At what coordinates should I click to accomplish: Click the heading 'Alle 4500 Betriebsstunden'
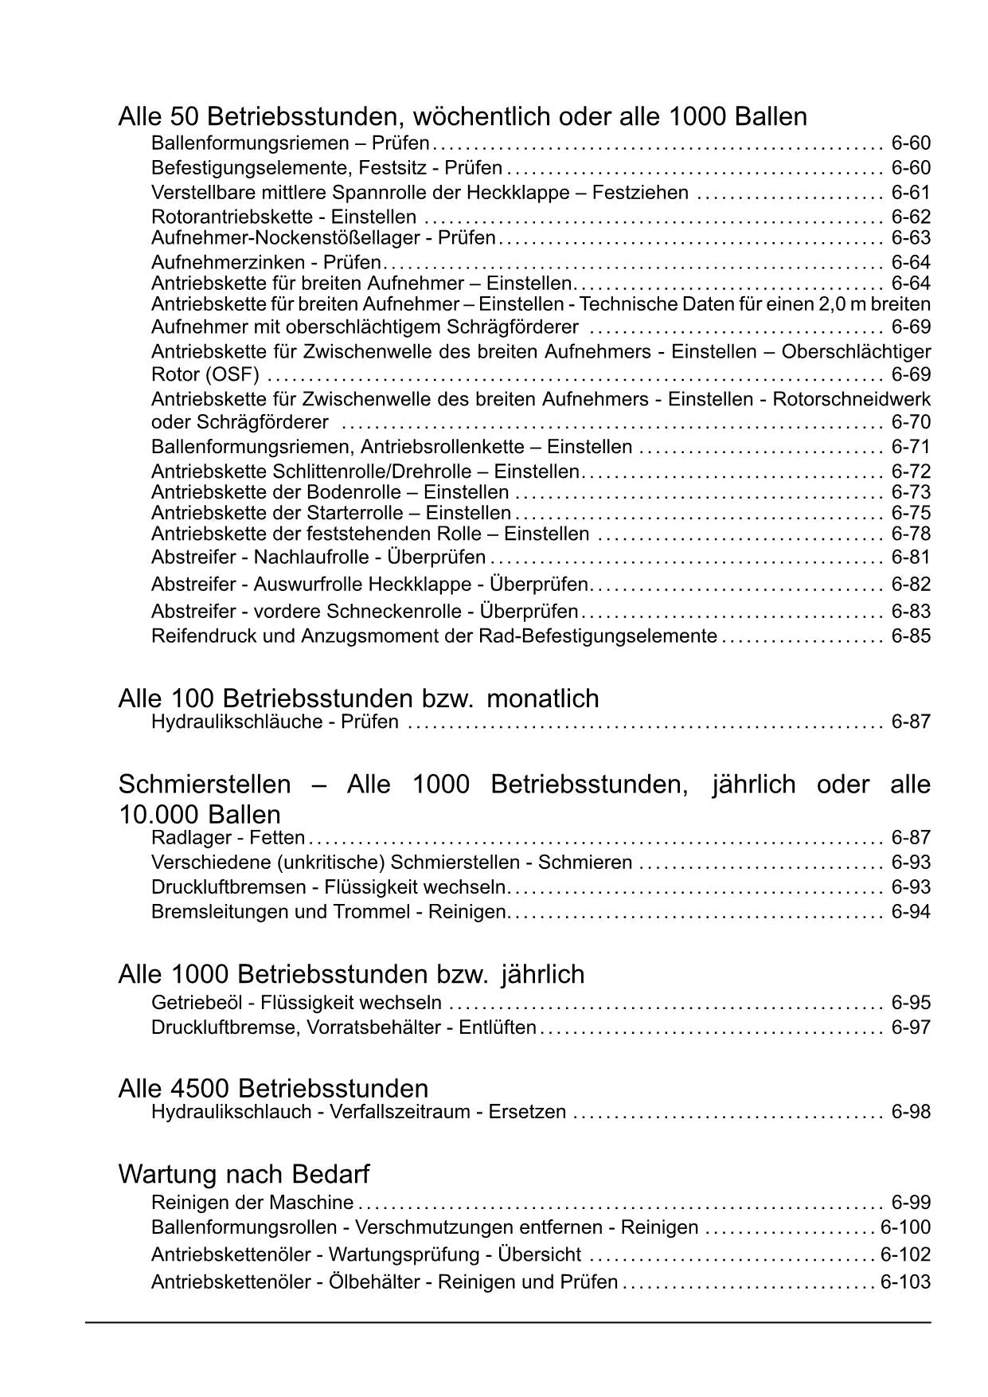[x=272, y=1088]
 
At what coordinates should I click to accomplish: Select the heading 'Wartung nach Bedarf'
[x=244, y=1173]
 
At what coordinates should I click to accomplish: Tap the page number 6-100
[x=905, y=1227]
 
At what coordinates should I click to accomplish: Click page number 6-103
[x=905, y=1282]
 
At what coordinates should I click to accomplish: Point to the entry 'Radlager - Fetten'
[x=228, y=837]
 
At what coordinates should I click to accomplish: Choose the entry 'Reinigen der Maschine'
[x=252, y=1202]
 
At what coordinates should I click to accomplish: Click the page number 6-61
[x=911, y=193]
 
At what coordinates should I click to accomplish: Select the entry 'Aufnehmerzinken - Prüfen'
[x=266, y=262]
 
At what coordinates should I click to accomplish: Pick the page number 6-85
[x=911, y=636]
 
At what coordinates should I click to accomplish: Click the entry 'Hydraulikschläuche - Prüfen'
[x=275, y=722]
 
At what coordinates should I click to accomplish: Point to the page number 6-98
[x=911, y=1112]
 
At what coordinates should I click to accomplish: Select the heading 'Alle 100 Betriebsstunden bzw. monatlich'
[x=358, y=698]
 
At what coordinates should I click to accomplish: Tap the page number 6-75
[x=911, y=513]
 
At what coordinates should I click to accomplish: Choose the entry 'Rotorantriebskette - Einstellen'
[x=283, y=217]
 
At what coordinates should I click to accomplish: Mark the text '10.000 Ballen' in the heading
[x=199, y=814]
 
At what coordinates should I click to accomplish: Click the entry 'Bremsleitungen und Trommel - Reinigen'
[x=329, y=911]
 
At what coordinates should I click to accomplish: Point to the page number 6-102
[x=905, y=1254]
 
